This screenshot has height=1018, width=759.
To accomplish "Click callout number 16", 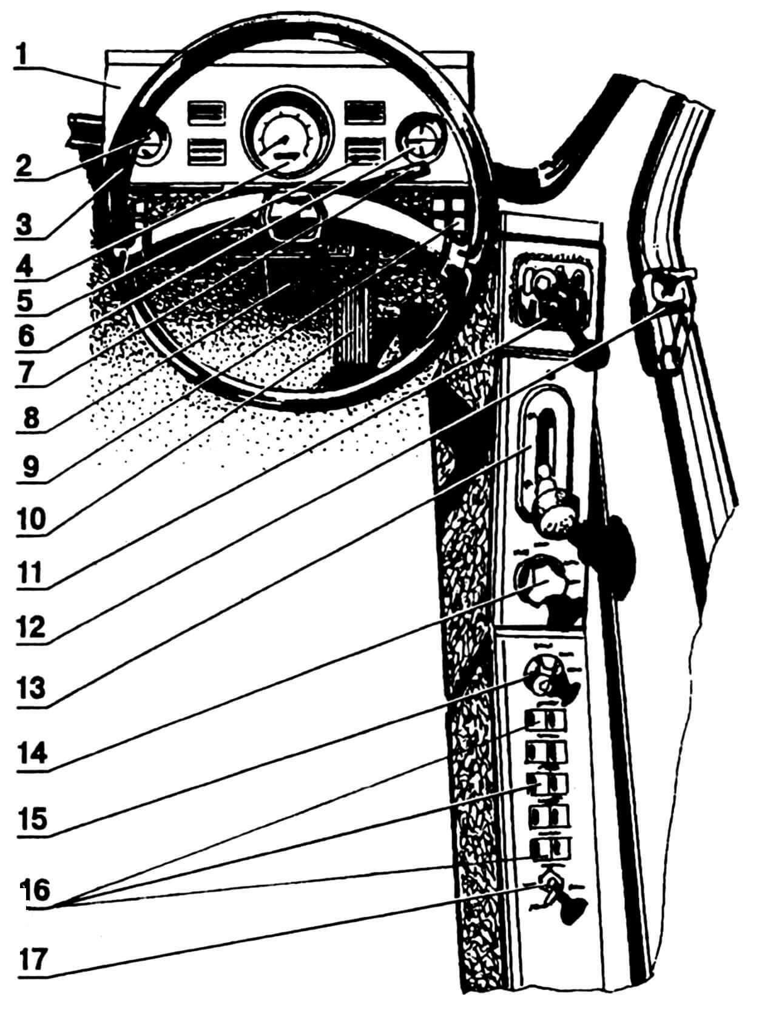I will click(x=38, y=892).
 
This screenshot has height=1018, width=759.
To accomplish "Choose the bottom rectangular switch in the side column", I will click(x=550, y=848).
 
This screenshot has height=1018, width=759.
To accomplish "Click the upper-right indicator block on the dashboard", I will click(x=364, y=113).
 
